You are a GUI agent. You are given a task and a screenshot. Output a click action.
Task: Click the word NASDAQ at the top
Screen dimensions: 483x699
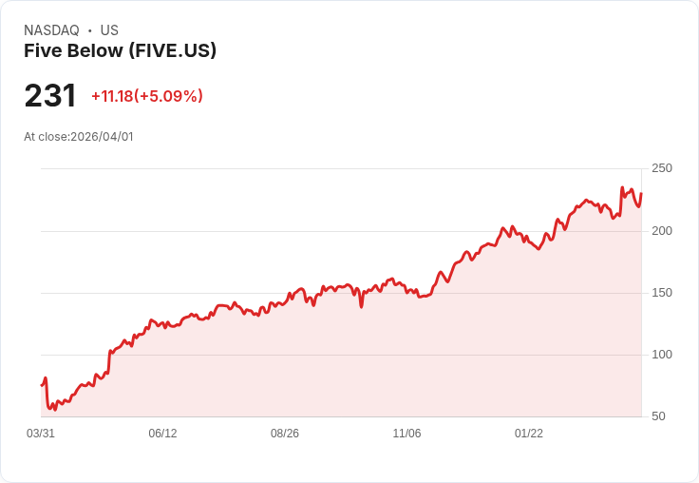[51, 30]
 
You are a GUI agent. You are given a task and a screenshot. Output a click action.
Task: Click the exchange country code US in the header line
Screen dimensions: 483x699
[109, 30]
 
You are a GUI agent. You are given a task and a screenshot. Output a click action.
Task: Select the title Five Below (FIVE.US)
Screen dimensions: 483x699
[120, 50]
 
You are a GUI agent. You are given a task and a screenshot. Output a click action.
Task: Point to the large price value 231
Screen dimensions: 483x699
[50, 96]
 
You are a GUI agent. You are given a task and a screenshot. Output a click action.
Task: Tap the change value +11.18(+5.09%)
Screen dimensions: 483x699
[147, 96]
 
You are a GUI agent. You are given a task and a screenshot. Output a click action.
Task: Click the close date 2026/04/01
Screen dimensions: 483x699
[102, 137]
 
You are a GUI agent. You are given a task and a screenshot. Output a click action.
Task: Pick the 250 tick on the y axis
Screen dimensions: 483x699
[661, 168]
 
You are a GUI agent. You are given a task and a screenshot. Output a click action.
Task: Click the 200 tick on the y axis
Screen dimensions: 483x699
[661, 231]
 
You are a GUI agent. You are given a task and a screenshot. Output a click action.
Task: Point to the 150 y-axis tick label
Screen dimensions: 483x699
[661, 293]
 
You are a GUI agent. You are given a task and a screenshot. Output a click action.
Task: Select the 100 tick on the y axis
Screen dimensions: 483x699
[661, 355]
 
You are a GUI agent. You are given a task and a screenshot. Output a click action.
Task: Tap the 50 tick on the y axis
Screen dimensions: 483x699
[657, 416]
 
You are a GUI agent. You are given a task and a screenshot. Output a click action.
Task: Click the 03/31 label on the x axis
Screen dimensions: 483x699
[41, 434]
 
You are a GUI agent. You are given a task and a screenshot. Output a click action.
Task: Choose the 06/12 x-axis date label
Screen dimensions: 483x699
[162, 434]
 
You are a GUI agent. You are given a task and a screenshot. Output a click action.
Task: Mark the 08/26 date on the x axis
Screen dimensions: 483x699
[285, 434]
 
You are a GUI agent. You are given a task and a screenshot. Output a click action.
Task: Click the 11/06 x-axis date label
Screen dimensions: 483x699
[406, 434]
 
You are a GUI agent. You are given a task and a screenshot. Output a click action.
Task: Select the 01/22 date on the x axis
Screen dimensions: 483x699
[529, 434]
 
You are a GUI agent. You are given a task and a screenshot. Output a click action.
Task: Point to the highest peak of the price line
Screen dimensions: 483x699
[622, 188]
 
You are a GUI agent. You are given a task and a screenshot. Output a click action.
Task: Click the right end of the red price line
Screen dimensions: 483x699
[641, 194]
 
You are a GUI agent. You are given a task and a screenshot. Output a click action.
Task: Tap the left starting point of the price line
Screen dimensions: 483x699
[42, 385]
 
